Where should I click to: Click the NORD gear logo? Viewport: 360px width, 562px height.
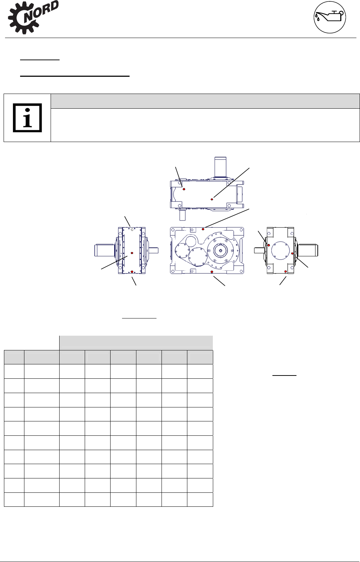[33, 17]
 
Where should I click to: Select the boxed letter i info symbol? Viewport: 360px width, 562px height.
[27, 118]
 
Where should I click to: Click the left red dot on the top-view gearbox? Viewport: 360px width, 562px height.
[184, 189]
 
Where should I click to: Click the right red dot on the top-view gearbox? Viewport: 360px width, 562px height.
[212, 199]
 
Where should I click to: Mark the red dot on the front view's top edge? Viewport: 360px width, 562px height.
[203, 229]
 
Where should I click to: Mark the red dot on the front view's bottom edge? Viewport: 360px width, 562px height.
[212, 272]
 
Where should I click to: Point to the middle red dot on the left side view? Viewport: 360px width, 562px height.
[132, 253]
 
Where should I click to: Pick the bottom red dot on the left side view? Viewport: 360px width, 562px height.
[132, 271]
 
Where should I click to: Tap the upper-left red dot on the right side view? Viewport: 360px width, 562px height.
[268, 245]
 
